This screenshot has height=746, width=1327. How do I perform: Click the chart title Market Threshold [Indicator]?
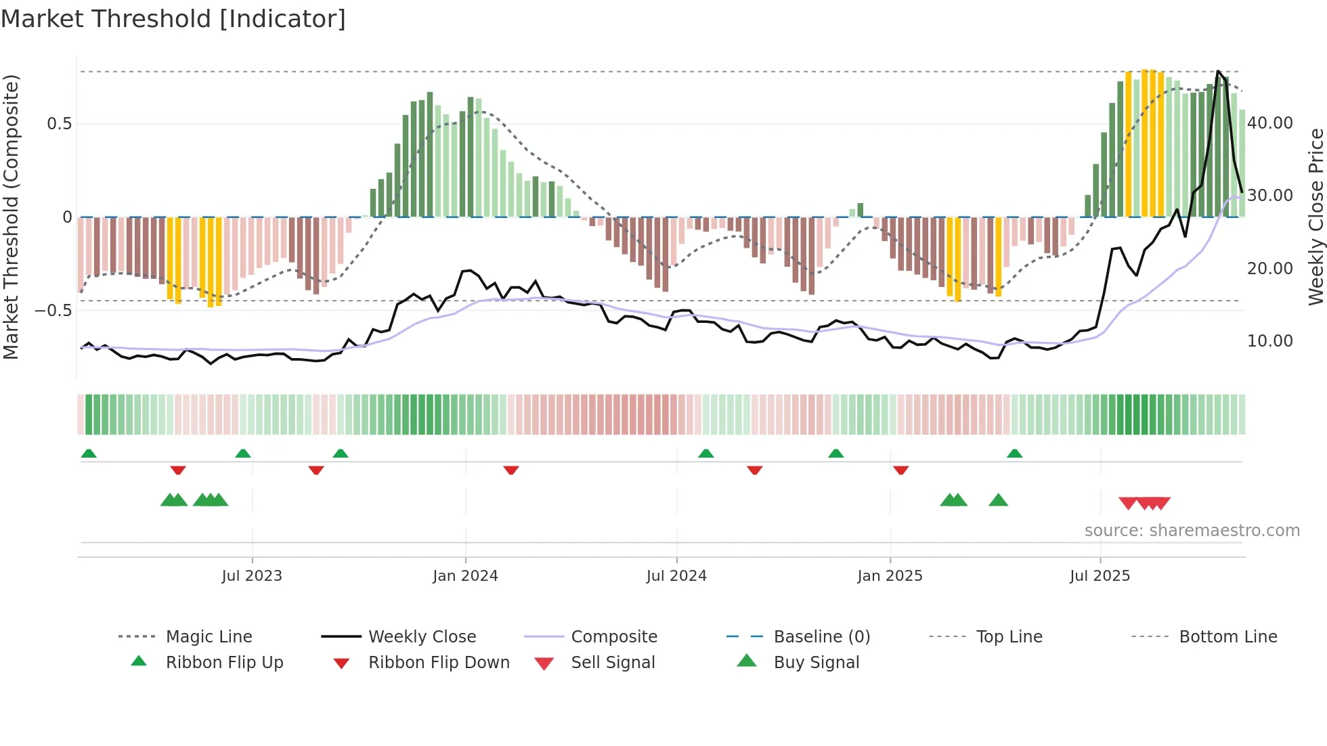(x=173, y=19)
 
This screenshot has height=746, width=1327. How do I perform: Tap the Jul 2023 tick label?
(x=252, y=576)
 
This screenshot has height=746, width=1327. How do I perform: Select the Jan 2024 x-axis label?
(x=465, y=576)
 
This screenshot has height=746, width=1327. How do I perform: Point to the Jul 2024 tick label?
(x=676, y=576)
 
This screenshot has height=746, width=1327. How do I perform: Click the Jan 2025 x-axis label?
(x=890, y=576)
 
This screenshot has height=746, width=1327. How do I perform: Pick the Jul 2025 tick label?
(x=1100, y=576)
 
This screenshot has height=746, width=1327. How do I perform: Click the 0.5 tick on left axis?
(x=60, y=124)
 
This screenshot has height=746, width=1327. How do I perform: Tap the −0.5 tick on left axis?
(x=53, y=311)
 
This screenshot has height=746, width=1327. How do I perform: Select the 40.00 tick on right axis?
(x=1270, y=123)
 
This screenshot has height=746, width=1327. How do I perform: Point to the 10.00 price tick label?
(x=1270, y=341)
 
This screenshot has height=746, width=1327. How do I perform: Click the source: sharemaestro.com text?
(x=1192, y=531)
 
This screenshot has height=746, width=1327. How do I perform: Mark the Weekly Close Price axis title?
(x=1315, y=217)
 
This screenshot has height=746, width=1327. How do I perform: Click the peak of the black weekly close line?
(x=1218, y=71)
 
